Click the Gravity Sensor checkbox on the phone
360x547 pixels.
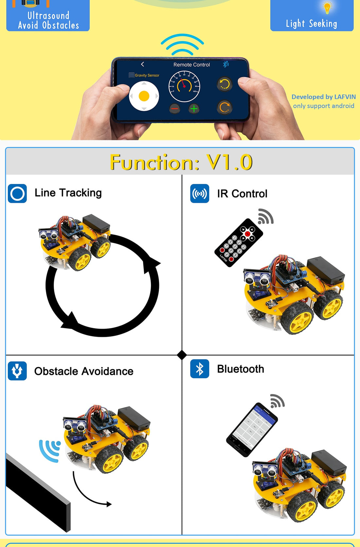pos(132,75)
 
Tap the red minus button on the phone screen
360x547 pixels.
pos(175,109)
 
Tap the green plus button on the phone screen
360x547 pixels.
pos(194,109)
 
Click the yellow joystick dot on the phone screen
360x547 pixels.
pos(144,96)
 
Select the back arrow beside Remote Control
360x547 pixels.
pos(142,64)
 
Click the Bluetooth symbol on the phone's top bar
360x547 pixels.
pos(225,64)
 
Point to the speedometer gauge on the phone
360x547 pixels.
pos(184,86)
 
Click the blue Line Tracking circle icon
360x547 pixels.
pos(17,193)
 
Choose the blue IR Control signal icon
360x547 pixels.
pos(200,193)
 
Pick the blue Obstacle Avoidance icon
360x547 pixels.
pos(17,371)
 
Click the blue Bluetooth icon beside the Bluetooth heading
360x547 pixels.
pos(200,369)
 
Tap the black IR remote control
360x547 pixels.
pos(239,243)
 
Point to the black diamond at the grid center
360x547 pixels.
pos(182,355)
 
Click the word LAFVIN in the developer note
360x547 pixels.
pos(345,97)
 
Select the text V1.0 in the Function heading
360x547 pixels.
pos(229,162)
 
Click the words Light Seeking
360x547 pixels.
pos(311,24)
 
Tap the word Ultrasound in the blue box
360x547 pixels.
pos(48,15)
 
